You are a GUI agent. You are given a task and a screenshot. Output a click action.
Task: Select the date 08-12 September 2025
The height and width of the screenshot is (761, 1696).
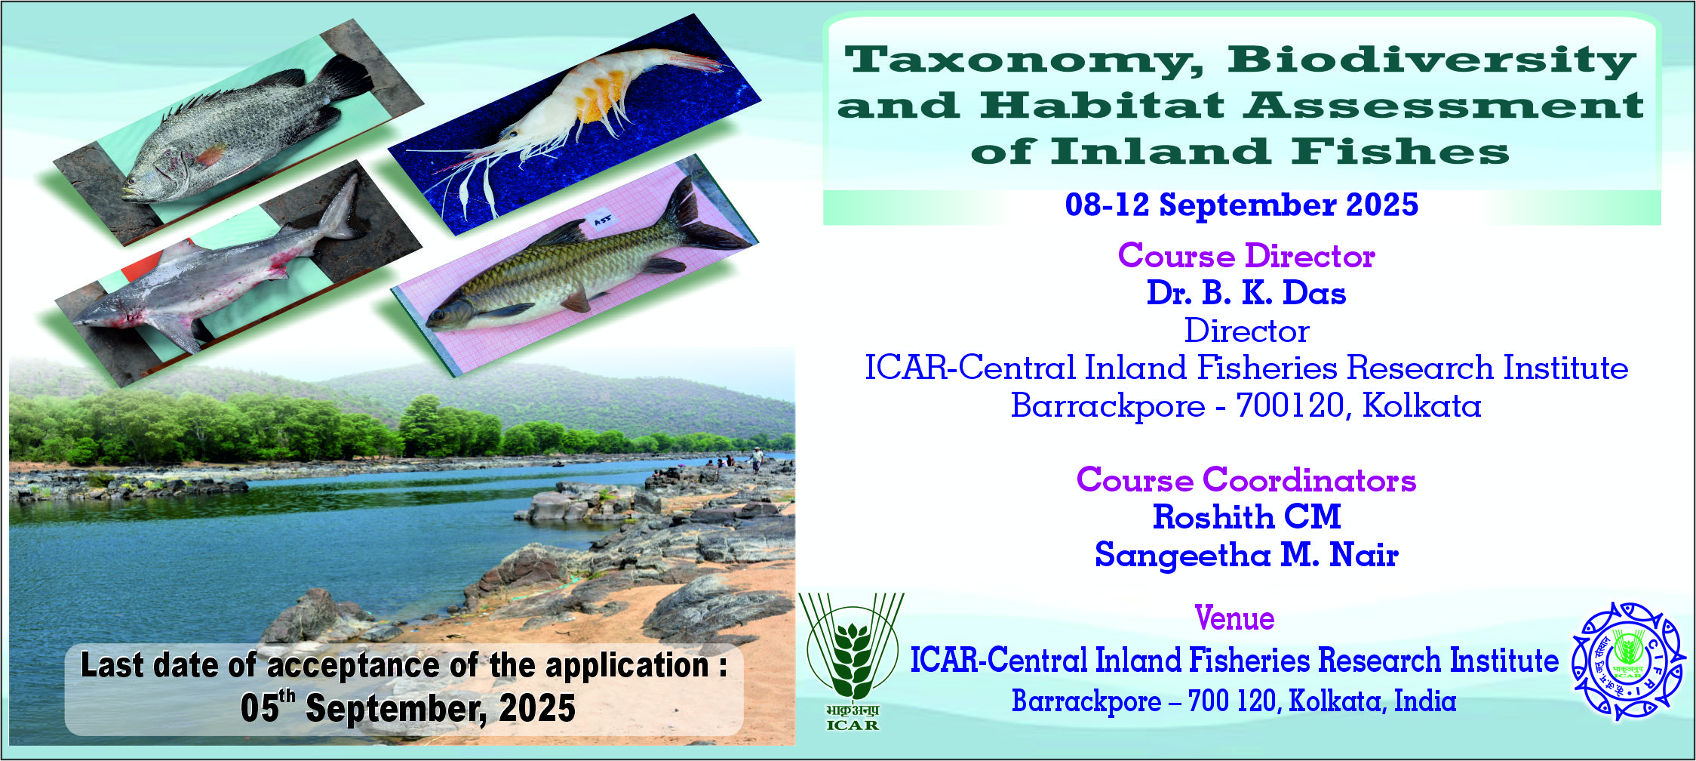[x=1241, y=205]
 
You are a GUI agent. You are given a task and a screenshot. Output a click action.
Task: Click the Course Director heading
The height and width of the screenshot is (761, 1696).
[x=1246, y=256]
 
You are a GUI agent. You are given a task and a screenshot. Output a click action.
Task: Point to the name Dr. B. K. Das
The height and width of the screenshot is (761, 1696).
[x=1246, y=293]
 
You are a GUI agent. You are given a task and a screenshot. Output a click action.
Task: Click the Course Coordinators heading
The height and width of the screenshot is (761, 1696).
[x=1246, y=479]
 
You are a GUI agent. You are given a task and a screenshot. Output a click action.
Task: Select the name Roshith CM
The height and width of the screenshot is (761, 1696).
[x=1246, y=517]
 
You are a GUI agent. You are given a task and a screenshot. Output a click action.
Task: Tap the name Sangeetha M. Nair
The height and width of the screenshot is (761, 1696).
[x=1246, y=555]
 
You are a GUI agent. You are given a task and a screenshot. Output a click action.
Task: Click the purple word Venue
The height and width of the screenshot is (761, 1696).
[x=1235, y=619]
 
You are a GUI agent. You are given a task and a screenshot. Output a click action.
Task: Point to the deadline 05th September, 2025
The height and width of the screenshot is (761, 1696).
[x=408, y=708]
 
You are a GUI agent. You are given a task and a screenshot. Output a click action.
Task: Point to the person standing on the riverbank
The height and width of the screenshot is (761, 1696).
[x=757, y=458]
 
